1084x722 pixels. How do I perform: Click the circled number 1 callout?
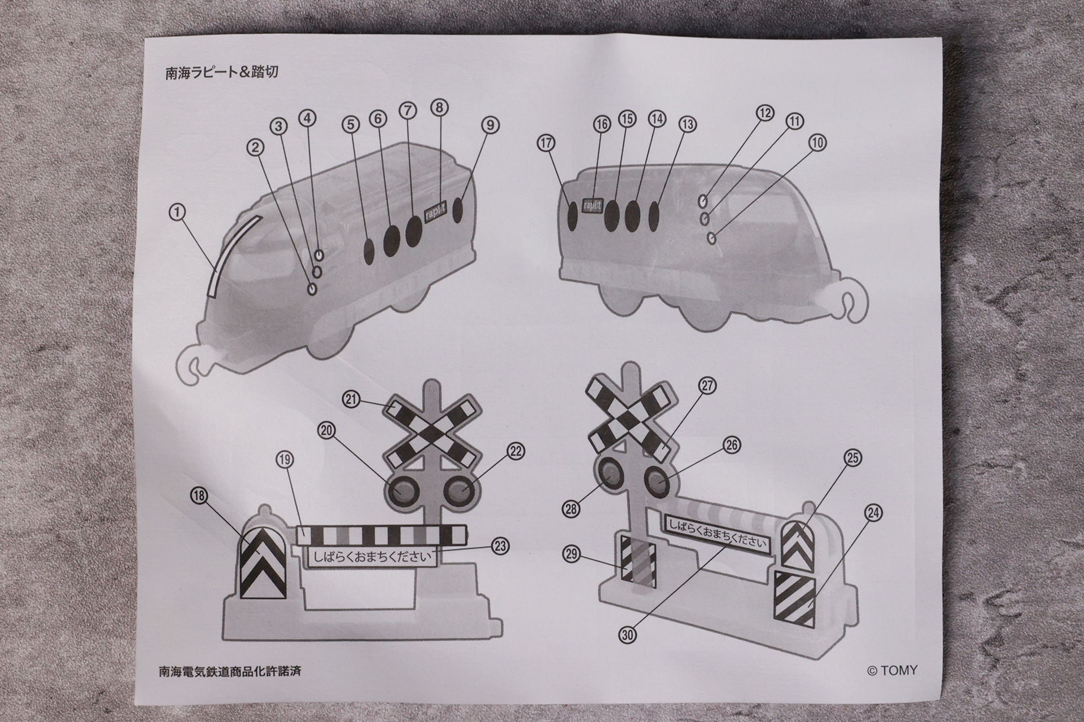[x=177, y=212]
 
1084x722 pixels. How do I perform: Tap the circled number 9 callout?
[x=490, y=125]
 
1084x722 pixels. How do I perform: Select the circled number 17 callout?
[x=546, y=143]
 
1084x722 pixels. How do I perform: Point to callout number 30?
[x=628, y=635]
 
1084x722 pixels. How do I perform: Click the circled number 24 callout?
[x=873, y=513]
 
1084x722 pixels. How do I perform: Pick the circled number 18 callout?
[x=199, y=496]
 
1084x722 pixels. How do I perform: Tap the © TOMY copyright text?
[x=892, y=671]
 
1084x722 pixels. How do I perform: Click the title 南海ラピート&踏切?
[x=222, y=73]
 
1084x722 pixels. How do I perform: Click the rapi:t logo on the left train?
[x=435, y=215]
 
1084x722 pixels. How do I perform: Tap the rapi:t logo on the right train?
[x=591, y=206]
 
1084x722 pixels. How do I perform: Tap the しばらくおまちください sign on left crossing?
[x=373, y=557]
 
